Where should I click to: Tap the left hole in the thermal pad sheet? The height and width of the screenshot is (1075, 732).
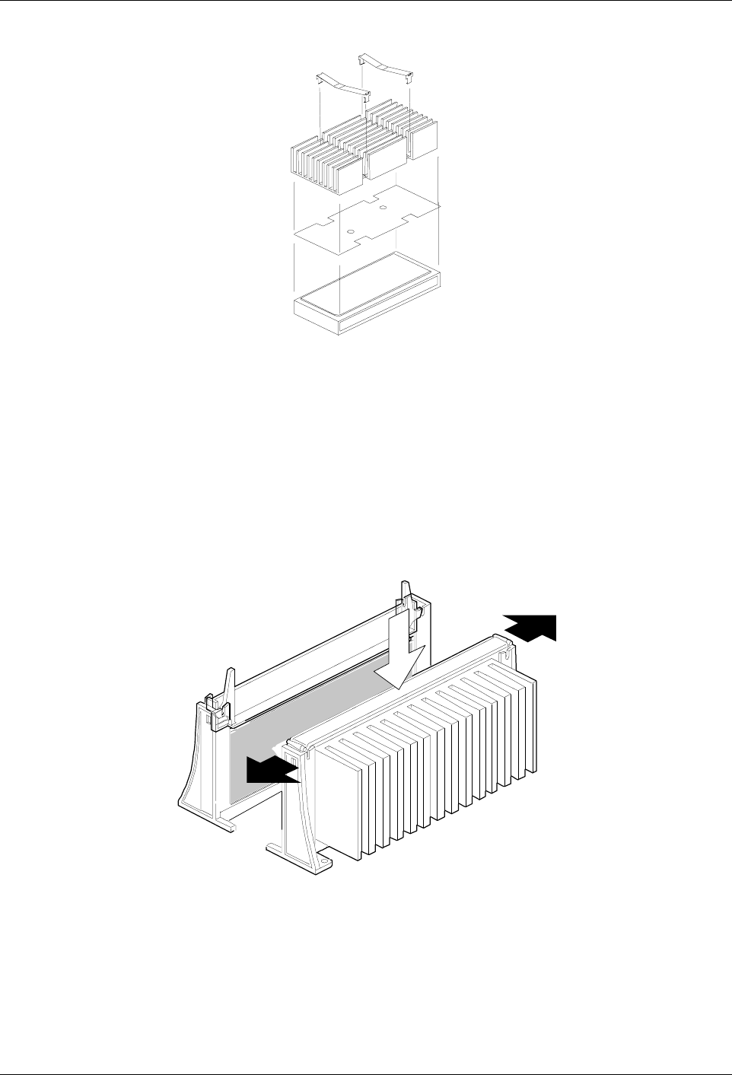pyautogui.click(x=350, y=231)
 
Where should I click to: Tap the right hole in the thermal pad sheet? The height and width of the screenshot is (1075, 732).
pyautogui.click(x=384, y=207)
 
